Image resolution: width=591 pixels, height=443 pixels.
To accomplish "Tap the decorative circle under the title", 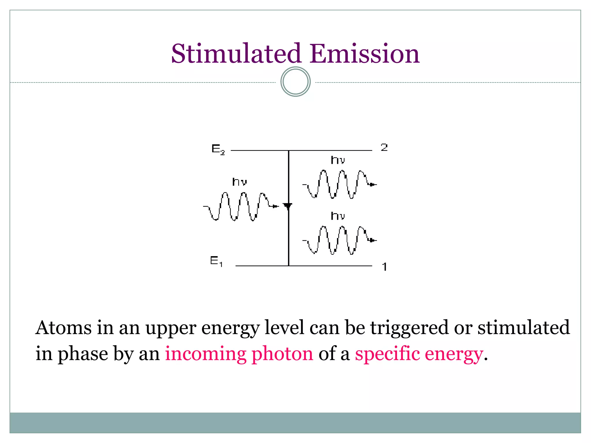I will point(295,82).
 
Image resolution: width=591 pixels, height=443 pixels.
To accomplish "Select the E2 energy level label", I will point(218,149).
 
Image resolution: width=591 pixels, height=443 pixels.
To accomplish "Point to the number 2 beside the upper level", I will point(384,147).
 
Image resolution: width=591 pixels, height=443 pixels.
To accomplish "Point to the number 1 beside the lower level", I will point(384,267).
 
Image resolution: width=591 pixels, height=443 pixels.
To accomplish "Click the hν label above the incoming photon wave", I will point(240,182).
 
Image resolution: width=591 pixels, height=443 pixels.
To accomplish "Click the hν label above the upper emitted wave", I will point(338,160).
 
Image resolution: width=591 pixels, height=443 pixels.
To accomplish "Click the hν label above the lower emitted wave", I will point(338,216).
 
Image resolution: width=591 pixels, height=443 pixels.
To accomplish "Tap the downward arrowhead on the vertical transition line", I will point(288,206).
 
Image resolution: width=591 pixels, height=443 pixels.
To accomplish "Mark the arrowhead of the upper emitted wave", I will point(373,184).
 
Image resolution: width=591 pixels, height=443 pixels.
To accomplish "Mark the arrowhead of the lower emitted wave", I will point(373,240).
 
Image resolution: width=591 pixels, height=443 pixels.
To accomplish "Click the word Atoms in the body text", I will point(63,328).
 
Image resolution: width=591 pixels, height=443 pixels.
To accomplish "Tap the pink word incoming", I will point(205,354).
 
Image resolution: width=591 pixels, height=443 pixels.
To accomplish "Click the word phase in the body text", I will point(83,354).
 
